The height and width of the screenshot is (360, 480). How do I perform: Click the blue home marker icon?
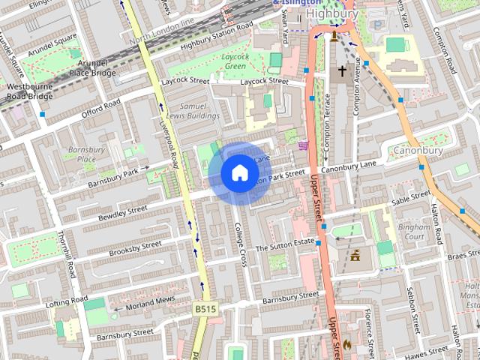point(239,173)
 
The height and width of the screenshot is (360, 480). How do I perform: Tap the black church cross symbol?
point(342,71)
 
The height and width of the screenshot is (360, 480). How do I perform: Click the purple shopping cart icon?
point(302,145)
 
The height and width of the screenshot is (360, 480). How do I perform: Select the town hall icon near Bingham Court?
point(355,256)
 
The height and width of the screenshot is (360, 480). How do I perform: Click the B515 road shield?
point(204,308)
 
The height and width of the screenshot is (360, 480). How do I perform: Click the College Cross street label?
point(241,244)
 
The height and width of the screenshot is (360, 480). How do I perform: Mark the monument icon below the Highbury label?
point(334,34)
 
